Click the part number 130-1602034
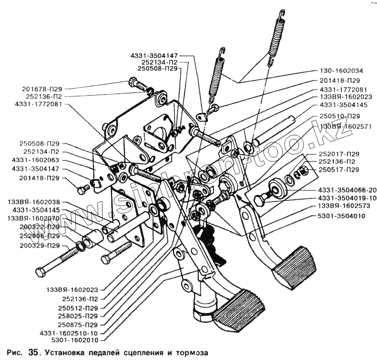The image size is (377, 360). click(x=341, y=70)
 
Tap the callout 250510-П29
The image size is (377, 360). click(x=340, y=116)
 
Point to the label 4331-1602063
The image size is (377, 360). click(x=39, y=160)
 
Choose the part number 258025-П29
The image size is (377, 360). click(x=80, y=316)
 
